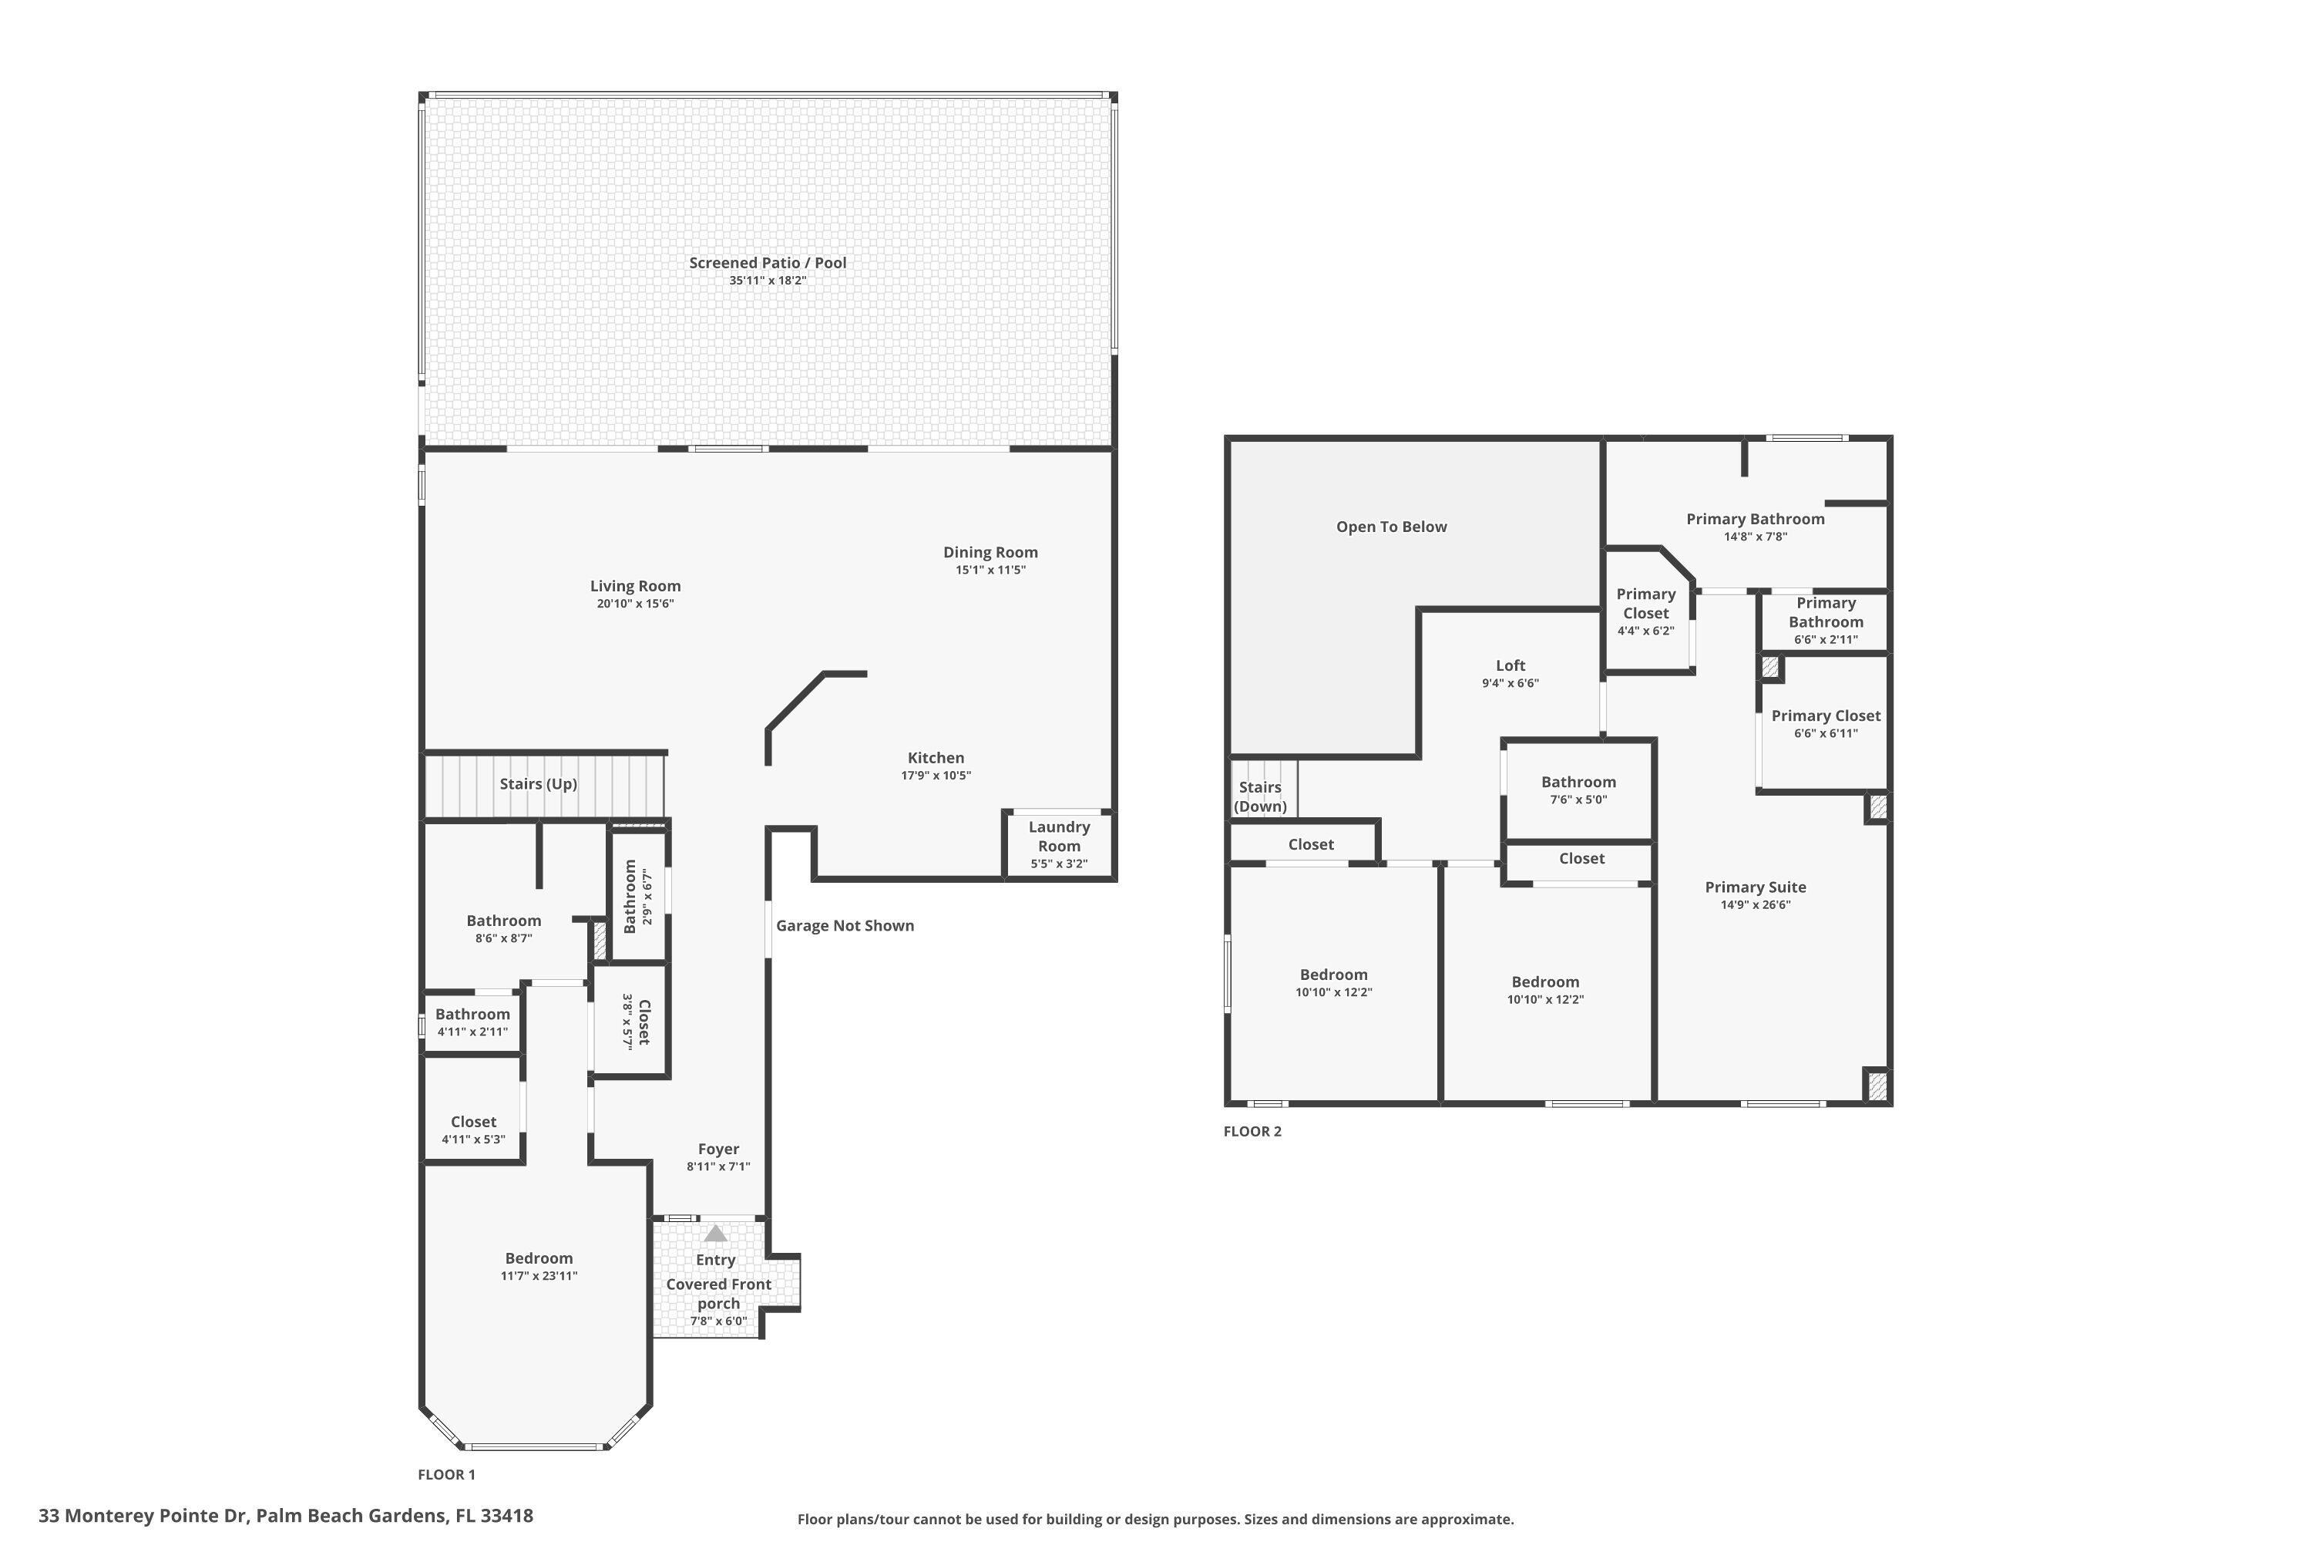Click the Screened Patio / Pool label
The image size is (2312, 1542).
tap(767, 263)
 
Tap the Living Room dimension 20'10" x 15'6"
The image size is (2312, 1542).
tap(635, 604)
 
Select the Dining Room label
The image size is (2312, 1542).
tap(990, 553)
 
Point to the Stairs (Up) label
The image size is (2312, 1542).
tap(538, 784)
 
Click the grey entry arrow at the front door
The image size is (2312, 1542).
tap(716, 1233)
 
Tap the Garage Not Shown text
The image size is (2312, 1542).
tap(845, 925)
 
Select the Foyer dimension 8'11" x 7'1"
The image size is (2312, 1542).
tap(717, 1167)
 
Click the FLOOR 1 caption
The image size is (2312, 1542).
tap(446, 1474)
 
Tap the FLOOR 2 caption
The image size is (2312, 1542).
tap(1252, 1131)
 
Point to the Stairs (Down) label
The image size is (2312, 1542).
tap(1260, 796)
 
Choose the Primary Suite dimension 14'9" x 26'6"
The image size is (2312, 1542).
tap(1755, 904)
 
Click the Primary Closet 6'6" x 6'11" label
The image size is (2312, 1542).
tap(1826, 716)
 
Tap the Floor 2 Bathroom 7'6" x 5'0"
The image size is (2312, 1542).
tap(1578, 790)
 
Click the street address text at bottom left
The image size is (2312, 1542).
tap(286, 1516)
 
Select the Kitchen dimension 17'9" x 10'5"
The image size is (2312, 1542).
tap(936, 775)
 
